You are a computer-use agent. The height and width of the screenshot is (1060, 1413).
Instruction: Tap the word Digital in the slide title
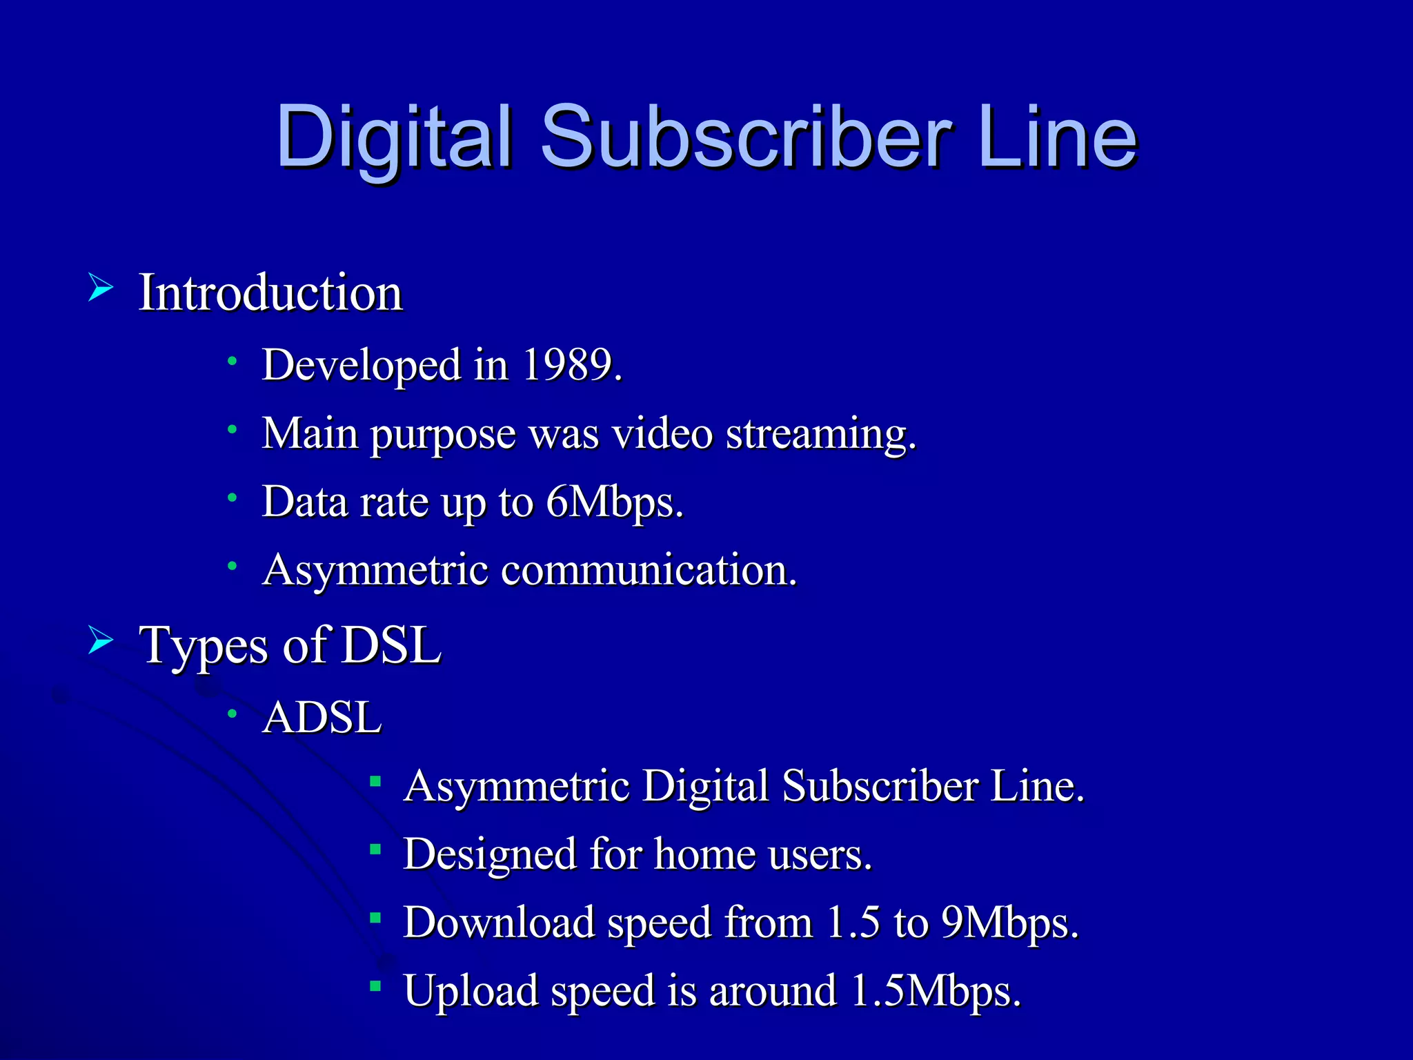(x=395, y=138)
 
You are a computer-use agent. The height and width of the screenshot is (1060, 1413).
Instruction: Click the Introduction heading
(x=270, y=293)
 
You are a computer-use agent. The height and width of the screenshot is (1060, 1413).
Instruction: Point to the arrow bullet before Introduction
(x=101, y=287)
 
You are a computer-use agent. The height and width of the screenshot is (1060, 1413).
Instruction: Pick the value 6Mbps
(x=613, y=502)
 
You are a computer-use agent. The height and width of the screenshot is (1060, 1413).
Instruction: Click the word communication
(x=649, y=570)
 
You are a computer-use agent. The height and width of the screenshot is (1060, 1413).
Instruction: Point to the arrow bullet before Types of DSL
(x=101, y=641)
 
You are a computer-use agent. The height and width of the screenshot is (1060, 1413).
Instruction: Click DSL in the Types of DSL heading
(x=391, y=645)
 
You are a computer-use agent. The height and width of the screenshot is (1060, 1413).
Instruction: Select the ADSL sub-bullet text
(x=322, y=717)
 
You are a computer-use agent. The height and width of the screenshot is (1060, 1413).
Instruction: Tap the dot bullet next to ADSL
(x=233, y=714)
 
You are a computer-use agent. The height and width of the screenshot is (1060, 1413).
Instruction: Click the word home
(x=704, y=854)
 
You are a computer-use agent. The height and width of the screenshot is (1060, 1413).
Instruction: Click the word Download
(x=499, y=922)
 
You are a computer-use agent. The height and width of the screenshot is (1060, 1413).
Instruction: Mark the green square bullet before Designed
(x=375, y=850)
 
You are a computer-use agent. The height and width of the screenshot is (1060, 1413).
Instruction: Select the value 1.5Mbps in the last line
(x=935, y=991)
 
